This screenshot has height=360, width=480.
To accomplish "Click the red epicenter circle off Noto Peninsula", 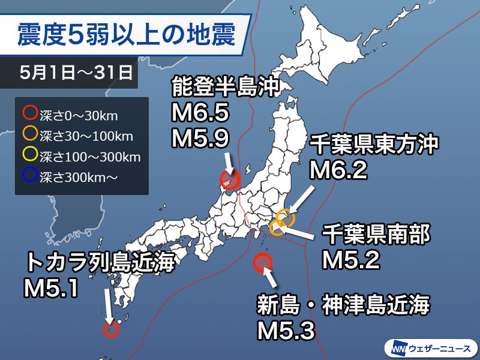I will pyautogui.click(x=229, y=179).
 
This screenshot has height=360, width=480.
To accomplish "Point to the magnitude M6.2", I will pyautogui.click(x=337, y=171).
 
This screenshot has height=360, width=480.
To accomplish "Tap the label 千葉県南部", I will pyautogui.click(x=376, y=235).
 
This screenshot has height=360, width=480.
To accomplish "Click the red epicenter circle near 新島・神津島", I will pyautogui.click(x=263, y=263).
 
